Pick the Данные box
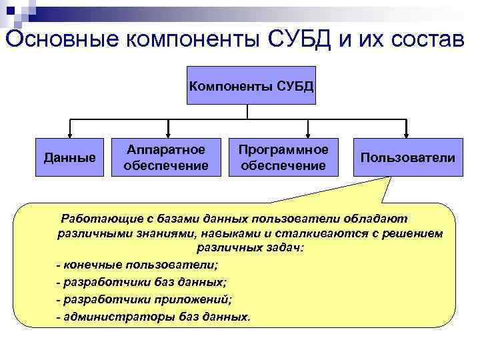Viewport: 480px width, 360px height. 69,157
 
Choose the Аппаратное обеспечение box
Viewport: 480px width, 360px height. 166,157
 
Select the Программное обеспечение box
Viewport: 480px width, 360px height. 284,157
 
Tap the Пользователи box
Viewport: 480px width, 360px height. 407,157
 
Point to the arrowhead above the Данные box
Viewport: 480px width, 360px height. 69,133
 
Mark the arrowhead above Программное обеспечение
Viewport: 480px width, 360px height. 307,133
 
